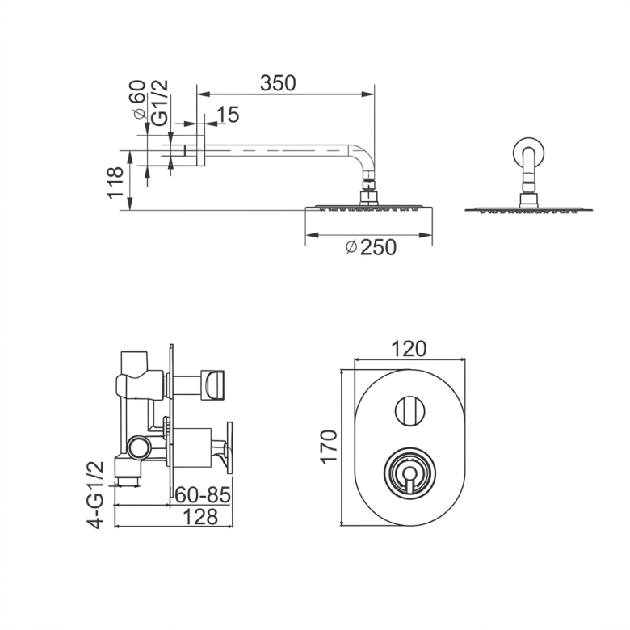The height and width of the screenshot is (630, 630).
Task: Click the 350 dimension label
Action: tap(278, 83)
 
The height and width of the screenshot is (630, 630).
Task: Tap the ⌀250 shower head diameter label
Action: tap(371, 247)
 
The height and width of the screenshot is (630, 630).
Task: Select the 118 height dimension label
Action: tap(115, 183)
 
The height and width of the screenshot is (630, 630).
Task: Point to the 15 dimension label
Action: tap(228, 115)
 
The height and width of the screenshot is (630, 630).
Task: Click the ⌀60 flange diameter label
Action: tap(139, 99)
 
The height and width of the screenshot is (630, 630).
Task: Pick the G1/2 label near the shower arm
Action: tap(159, 103)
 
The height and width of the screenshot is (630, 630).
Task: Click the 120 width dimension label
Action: tap(408, 349)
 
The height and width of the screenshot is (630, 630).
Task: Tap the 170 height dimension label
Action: tap(329, 447)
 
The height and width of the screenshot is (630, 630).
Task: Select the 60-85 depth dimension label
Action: tap(203, 494)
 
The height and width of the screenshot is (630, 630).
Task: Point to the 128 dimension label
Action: tap(200, 516)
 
